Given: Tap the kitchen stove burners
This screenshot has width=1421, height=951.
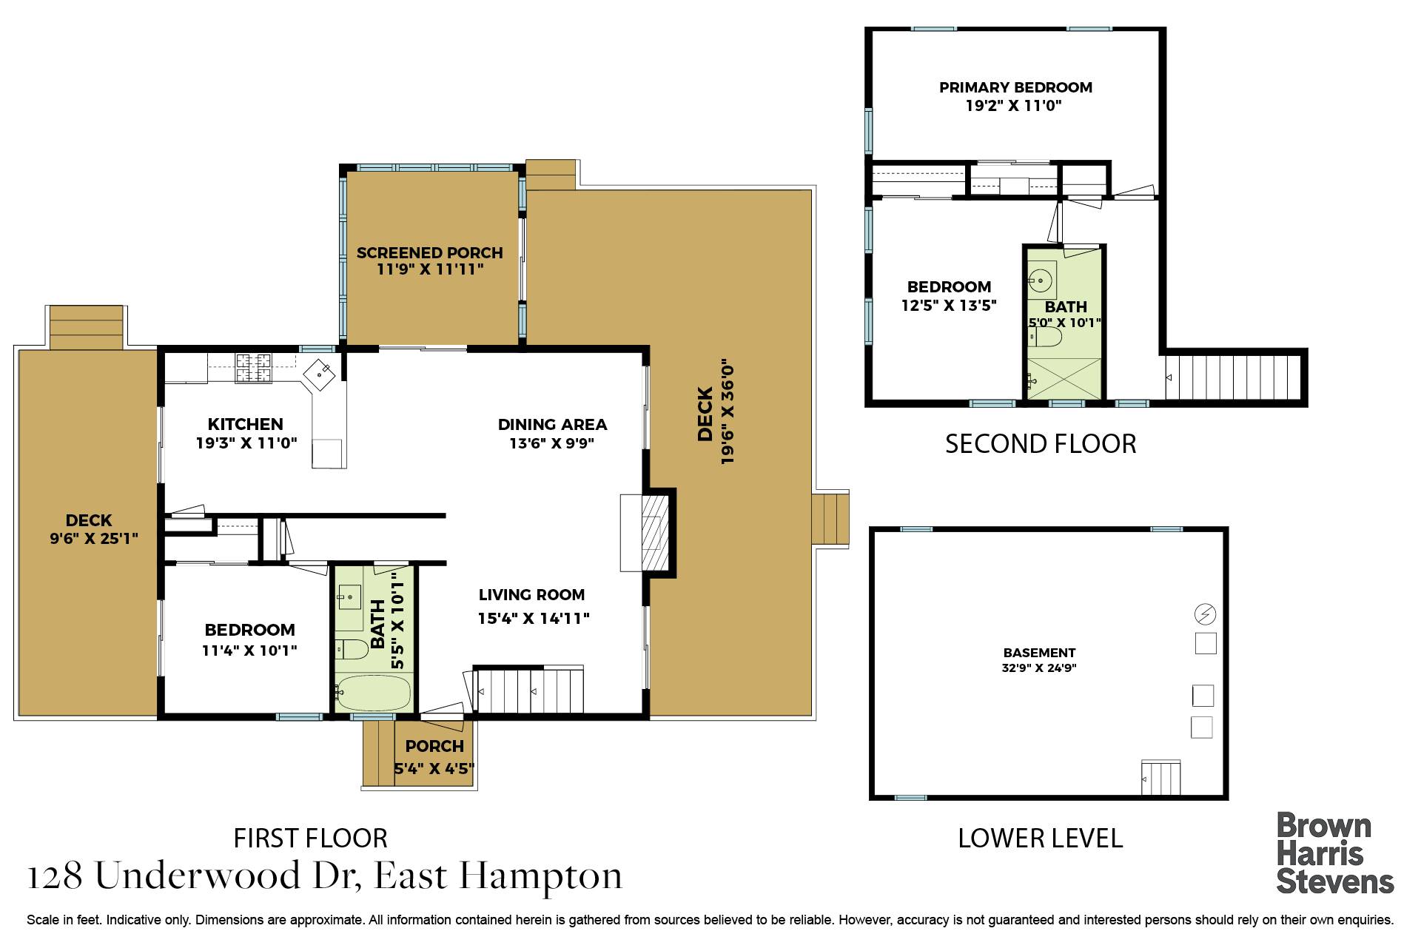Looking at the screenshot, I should (x=253, y=369).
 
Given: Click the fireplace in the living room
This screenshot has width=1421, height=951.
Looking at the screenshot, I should (x=651, y=532).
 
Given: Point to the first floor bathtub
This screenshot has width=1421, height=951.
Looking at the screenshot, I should (x=372, y=693).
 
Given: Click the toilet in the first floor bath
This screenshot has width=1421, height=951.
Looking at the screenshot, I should (x=351, y=650).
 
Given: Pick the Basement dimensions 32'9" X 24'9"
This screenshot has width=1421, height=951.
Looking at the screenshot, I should (x=1038, y=668).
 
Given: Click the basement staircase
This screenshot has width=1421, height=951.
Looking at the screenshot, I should (x=1160, y=778).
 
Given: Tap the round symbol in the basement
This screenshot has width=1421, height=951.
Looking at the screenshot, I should (x=1205, y=614).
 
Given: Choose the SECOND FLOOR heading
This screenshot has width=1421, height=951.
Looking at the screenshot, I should (x=1040, y=444).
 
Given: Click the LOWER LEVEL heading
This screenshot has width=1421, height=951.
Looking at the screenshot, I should (x=1040, y=839).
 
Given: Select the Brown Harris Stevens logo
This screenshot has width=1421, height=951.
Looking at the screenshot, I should (x=1334, y=853).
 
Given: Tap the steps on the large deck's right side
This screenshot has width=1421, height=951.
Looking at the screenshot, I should (x=830, y=520).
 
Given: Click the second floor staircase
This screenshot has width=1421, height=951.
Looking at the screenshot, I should (x=1232, y=377).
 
